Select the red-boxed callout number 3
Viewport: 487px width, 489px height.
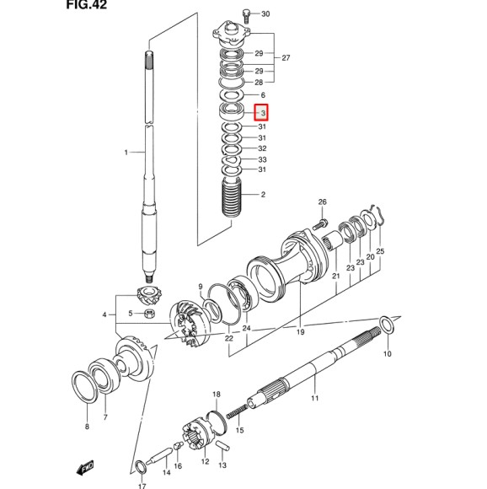[x=263, y=112]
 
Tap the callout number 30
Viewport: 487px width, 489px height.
[x=265, y=14]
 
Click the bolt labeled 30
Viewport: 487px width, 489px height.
[x=246, y=13]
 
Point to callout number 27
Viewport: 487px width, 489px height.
[x=286, y=58]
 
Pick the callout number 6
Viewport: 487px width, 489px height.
[x=263, y=95]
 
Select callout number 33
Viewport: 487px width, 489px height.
[x=263, y=159]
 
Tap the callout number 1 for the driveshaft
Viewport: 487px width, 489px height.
[x=126, y=153]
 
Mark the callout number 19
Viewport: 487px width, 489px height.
[x=300, y=332]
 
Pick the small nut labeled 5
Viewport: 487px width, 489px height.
[x=148, y=314]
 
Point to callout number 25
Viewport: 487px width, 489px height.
[x=380, y=251]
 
